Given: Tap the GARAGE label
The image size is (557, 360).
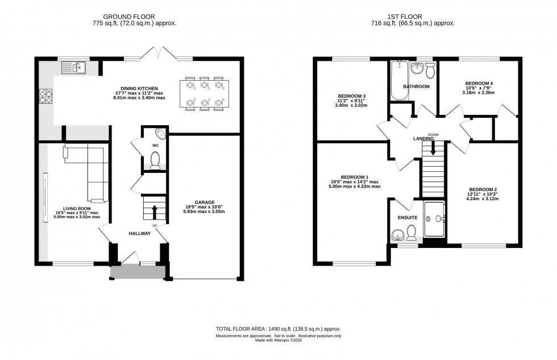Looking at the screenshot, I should point(204,202).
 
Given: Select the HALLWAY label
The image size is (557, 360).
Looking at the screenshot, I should point(139,233).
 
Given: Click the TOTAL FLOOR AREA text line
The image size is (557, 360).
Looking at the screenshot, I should point(278,329).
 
